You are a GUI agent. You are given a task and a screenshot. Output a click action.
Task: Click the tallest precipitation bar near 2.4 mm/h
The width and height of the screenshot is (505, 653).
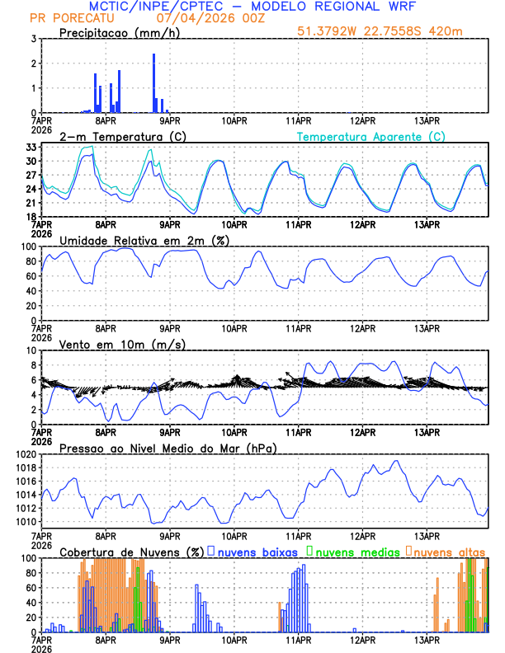coord(153,82)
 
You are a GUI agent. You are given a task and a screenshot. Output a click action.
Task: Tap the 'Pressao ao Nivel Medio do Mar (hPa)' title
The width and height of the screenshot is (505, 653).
coord(168,448)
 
